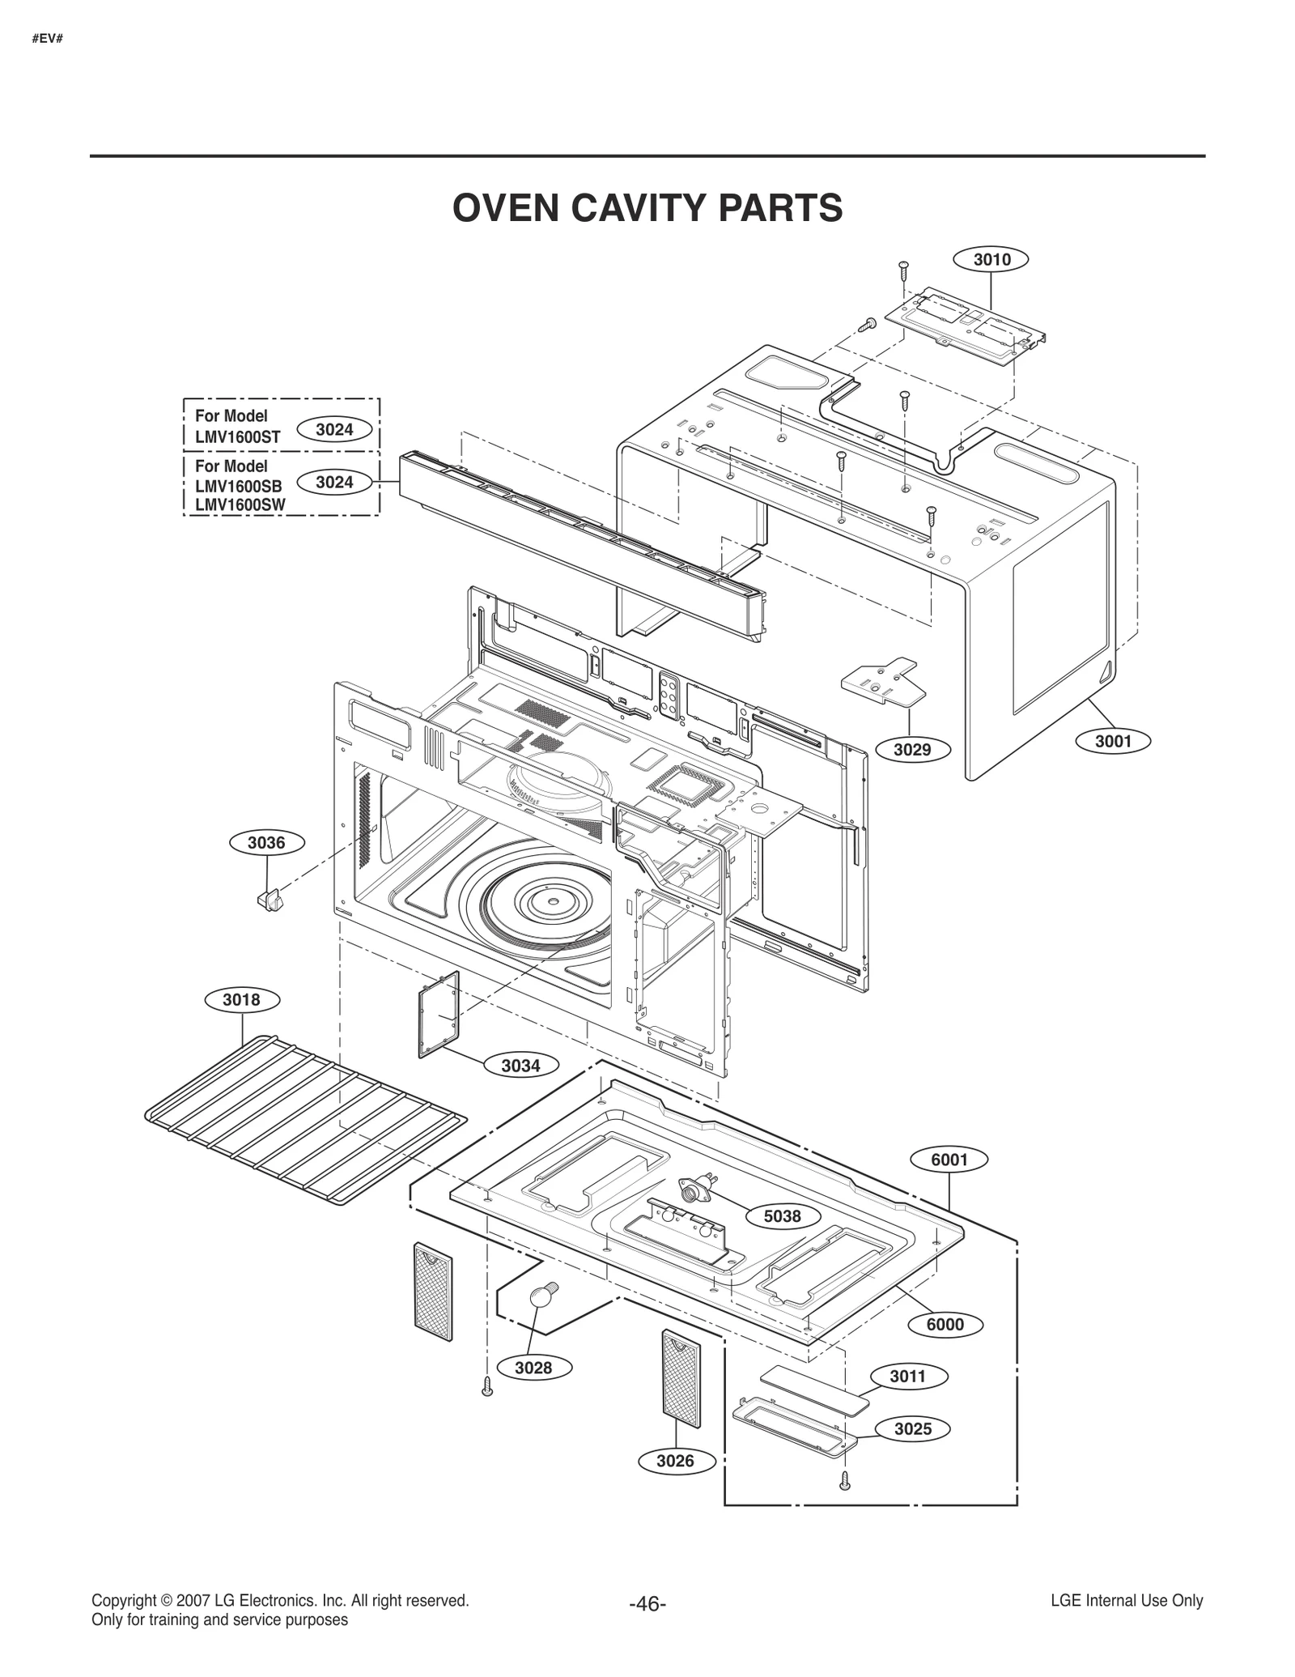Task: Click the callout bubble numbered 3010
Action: [x=991, y=260]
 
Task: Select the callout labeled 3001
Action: [x=1113, y=741]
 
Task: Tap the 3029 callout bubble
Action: [x=912, y=750]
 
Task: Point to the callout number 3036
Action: [x=266, y=843]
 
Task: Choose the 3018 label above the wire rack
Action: [x=241, y=1000]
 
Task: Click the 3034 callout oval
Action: [x=520, y=1066]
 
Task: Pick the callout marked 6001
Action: [x=949, y=1160]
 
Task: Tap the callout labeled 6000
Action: [x=945, y=1325]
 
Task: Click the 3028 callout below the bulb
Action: [x=533, y=1368]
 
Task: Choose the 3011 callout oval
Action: [x=907, y=1376]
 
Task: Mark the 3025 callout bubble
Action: [x=913, y=1429]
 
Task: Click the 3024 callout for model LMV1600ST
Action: [x=334, y=430]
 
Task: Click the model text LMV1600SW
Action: [x=240, y=505]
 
